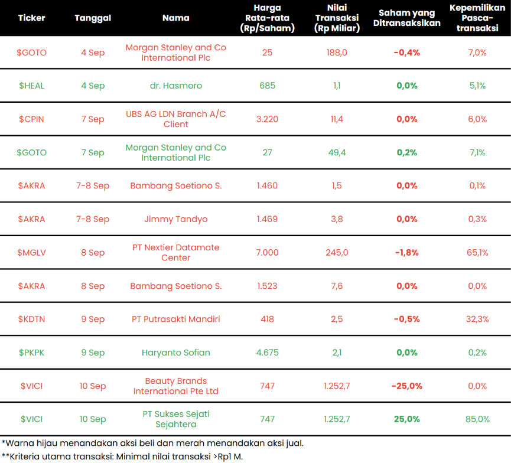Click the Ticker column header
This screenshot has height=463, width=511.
pyautogui.click(x=32, y=18)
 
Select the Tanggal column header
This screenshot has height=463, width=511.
pyautogui.click(x=93, y=18)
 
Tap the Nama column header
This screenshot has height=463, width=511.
pyautogui.click(x=176, y=18)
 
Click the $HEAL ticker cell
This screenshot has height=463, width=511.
pyautogui.click(x=32, y=86)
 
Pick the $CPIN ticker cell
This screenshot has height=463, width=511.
pyautogui.click(x=32, y=119)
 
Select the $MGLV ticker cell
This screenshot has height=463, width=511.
pyautogui.click(x=32, y=253)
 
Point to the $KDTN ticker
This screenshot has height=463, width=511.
pyautogui.click(x=32, y=319)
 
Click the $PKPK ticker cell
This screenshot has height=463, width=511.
pyautogui.click(x=32, y=353)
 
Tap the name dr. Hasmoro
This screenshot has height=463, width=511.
pyautogui.click(x=176, y=86)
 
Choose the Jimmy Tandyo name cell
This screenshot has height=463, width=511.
pyautogui.click(x=176, y=219)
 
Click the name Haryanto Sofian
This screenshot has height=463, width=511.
pyautogui.click(x=176, y=353)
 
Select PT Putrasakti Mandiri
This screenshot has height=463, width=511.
pyautogui.click(x=176, y=319)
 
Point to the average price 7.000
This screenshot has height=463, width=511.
pyautogui.click(x=267, y=253)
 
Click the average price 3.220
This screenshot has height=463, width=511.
pyautogui.click(x=267, y=119)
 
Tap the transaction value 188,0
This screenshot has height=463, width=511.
pyautogui.click(x=337, y=53)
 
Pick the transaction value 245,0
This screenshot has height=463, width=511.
pyautogui.click(x=337, y=253)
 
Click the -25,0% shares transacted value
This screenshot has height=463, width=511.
pyautogui.click(x=407, y=386)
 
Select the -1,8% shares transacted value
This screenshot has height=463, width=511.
pyautogui.click(x=407, y=253)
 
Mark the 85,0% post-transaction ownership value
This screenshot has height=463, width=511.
pyautogui.click(x=477, y=419)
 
